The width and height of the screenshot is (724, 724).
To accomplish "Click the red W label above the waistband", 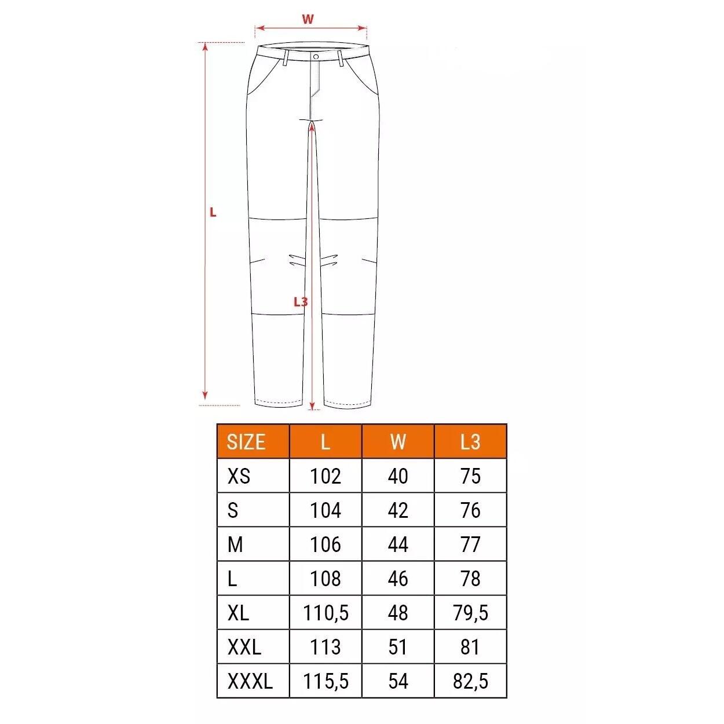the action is pos(308,19).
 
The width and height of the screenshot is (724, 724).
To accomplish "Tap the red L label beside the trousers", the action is pos(213,213).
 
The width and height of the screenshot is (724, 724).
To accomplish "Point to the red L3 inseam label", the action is pos(301,301).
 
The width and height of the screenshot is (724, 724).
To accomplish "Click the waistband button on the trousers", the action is pos(316,57).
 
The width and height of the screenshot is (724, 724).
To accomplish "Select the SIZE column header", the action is pos(246,442).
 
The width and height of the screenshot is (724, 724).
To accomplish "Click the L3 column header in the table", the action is pos(470,442).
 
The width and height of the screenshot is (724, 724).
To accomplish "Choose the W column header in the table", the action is pos(398,442).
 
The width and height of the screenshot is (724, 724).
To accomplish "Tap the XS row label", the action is pos(239,476).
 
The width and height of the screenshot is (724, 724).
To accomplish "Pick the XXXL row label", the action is pos(250,681).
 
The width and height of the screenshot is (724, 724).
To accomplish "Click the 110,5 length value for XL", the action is pos(326,613).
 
